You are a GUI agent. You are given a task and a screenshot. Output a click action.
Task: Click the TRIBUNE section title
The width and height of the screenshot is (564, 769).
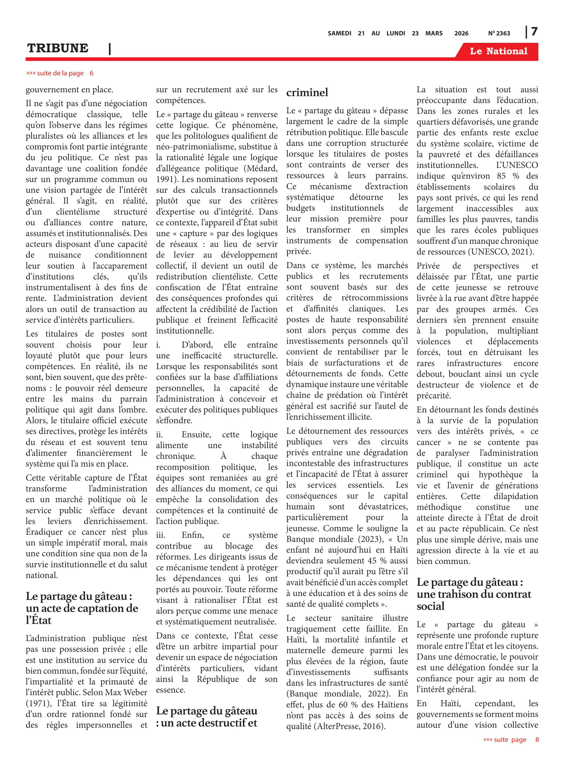[58, 48]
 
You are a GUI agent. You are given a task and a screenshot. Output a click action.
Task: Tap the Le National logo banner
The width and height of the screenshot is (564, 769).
[498, 51]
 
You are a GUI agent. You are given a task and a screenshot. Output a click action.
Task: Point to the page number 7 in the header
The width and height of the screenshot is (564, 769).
[534, 32]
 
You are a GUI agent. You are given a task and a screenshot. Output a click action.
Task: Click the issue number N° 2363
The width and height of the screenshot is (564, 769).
[499, 33]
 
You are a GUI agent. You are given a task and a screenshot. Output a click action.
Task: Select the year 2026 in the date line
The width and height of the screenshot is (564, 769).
[461, 33]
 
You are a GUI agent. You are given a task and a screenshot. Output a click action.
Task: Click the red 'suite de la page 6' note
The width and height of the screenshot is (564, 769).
[60, 73]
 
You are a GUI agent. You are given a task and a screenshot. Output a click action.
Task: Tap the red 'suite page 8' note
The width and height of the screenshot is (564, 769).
[511, 740]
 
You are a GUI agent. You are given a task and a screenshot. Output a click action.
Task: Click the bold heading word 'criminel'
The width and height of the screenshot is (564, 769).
[307, 93]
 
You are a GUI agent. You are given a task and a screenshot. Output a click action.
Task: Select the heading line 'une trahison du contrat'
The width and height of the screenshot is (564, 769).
[474, 594]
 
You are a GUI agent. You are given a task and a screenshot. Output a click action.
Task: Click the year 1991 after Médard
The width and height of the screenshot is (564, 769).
[167, 179]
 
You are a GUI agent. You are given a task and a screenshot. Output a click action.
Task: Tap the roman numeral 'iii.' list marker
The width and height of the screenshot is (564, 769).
[160, 535]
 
